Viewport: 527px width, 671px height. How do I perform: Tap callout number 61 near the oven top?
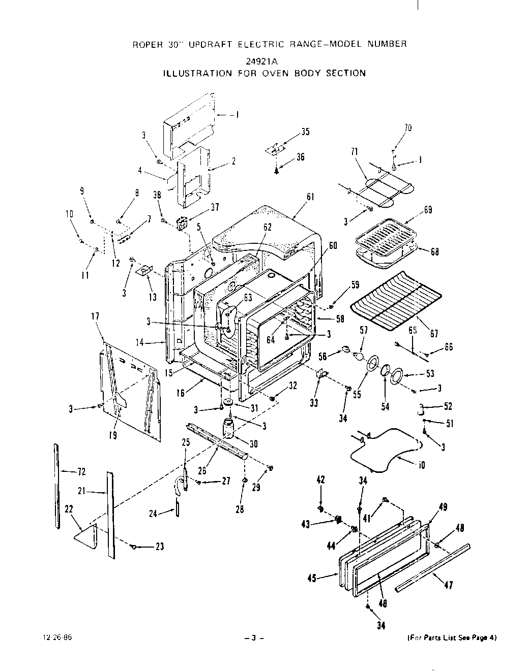(310, 197)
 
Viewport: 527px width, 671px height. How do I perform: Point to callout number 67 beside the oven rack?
(434, 334)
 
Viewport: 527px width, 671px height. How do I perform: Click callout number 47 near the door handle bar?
(448, 585)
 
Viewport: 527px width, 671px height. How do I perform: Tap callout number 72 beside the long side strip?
(81, 472)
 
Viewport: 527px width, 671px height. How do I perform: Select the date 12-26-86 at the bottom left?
(61, 637)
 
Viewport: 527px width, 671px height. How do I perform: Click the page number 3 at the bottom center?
(253, 638)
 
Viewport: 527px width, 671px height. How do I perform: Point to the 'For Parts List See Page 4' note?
(452, 637)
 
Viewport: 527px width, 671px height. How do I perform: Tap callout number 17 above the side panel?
(95, 316)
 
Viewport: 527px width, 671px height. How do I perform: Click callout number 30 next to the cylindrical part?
(253, 443)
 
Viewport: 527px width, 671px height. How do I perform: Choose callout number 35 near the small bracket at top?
(305, 132)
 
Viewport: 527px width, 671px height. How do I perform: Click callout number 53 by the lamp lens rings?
(430, 374)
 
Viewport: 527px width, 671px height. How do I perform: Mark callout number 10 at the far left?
(70, 214)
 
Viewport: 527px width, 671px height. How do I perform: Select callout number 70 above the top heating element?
(407, 128)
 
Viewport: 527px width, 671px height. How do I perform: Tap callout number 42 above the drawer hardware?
(320, 480)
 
